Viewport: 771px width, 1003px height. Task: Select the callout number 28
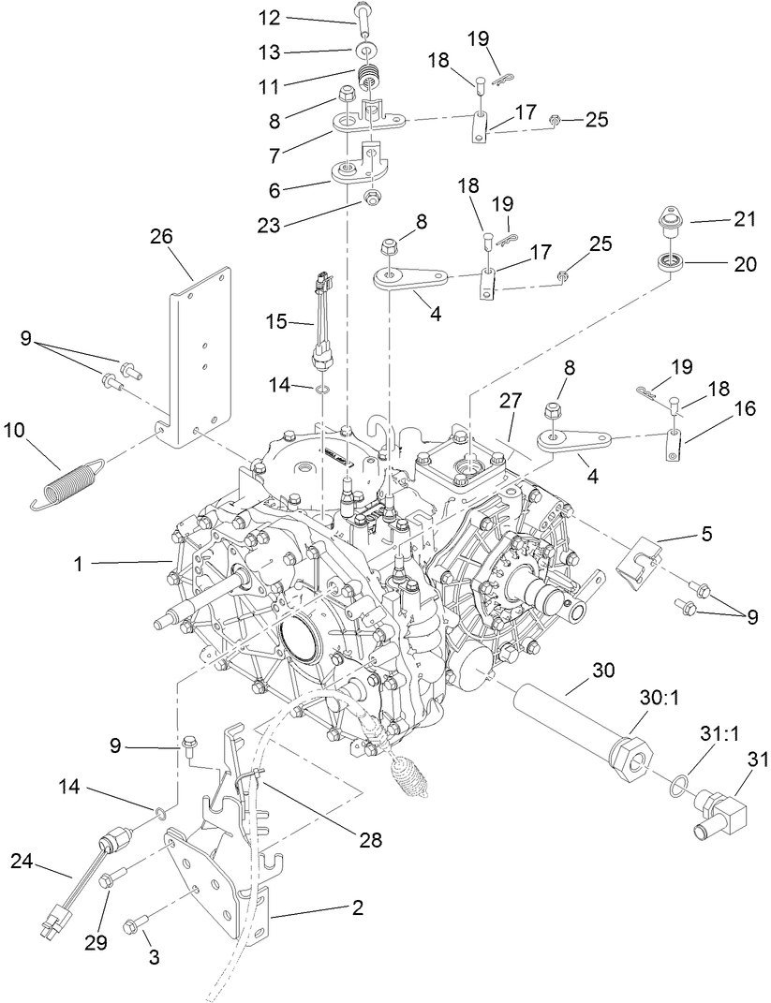pos(372,839)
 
